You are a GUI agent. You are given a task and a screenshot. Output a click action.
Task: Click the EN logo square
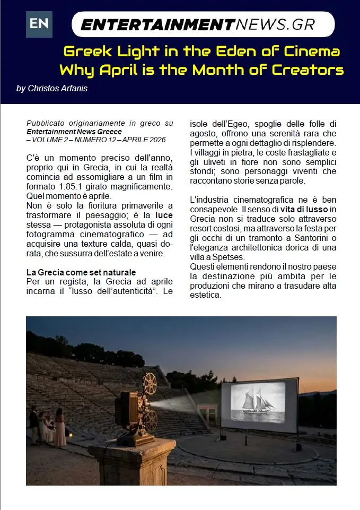click(x=39, y=24)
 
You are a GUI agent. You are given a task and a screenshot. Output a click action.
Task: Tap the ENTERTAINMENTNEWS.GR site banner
click(x=203, y=24)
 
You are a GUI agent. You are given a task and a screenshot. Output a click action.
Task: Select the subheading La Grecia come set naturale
click(x=81, y=272)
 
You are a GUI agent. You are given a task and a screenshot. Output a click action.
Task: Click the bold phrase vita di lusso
click(x=302, y=209)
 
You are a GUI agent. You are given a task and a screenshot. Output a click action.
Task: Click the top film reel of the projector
click(x=150, y=383)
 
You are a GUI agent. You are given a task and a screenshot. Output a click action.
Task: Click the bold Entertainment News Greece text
click(x=74, y=132)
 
